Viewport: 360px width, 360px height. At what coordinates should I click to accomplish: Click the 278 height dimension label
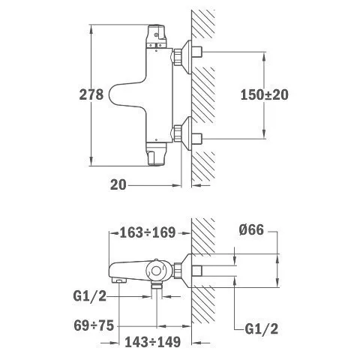click(x=91, y=94)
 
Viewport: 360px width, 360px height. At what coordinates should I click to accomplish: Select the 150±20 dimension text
click(x=264, y=94)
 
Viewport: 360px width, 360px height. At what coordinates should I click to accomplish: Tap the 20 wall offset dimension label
click(x=118, y=185)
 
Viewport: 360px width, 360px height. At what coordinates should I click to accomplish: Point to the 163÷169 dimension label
click(x=148, y=232)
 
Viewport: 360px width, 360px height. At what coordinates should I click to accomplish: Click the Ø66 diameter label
click(x=251, y=229)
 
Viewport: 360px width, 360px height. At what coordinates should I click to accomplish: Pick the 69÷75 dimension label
click(x=94, y=325)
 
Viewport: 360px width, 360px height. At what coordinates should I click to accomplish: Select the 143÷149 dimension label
click(x=152, y=342)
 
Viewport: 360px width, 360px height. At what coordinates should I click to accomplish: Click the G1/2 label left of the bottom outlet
click(x=90, y=297)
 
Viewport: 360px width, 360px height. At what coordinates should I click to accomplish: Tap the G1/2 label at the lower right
click(x=262, y=328)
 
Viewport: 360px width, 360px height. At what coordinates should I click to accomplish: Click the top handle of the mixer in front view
click(x=156, y=36)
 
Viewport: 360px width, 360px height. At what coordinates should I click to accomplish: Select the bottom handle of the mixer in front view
click(x=156, y=154)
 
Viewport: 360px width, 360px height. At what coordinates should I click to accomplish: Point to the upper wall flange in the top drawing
click(x=187, y=57)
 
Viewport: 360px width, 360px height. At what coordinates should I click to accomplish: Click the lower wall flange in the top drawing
click(x=187, y=133)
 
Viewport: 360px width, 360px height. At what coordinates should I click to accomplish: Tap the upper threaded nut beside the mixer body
click(x=177, y=57)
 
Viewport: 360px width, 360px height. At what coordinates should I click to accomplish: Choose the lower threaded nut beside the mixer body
click(x=177, y=133)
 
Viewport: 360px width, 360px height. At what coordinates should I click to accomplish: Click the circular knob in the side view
click(x=157, y=271)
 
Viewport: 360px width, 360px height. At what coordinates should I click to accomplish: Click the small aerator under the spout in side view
click(x=118, y=281)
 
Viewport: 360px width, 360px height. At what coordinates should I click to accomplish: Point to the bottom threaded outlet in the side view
click(x=157, y=286)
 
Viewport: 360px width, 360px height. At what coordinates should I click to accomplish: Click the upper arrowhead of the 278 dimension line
click(x=91, y=28)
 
